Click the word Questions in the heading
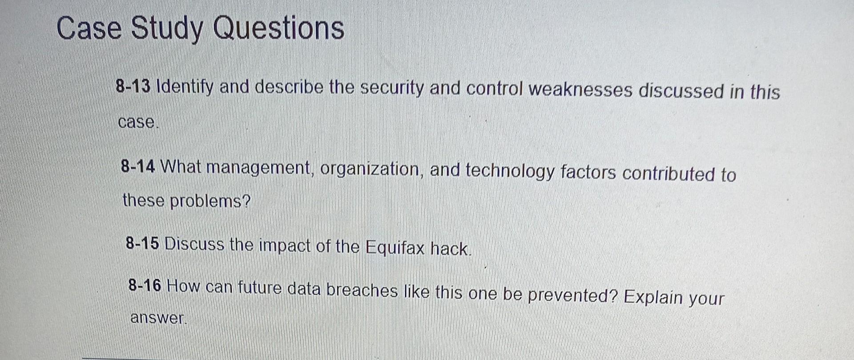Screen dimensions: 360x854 coord(278,28)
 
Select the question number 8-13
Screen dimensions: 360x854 coord(133,86)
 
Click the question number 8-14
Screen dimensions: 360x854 coord(138,167)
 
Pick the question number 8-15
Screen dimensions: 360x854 coord(142,243)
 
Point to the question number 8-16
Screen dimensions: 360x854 coord(145,285)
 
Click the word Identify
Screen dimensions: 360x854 coord(185,87)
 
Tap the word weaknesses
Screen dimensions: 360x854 coord(580,90)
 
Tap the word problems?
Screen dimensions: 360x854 coord(210,201)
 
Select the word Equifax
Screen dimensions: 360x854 coord(395,247)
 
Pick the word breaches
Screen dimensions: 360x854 coord(362,290)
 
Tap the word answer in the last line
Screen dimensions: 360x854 coord(157,318)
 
